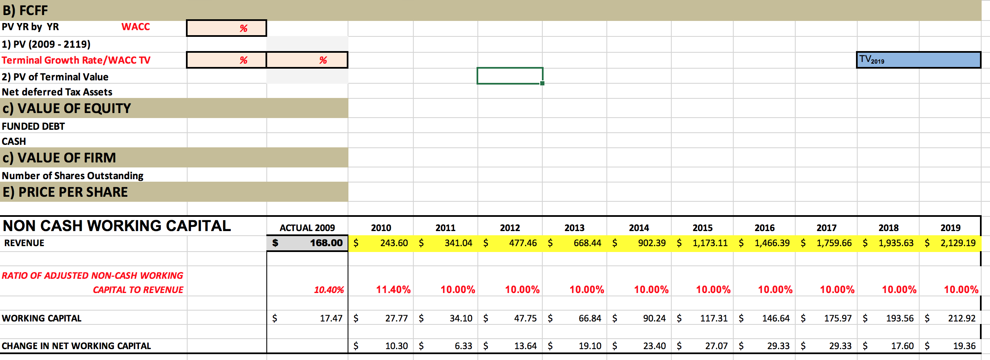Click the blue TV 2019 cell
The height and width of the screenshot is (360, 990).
click(x=918, y=60)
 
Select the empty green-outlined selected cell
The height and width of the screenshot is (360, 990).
click(x=510, y=76)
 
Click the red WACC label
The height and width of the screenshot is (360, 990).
click(x=136, y=27)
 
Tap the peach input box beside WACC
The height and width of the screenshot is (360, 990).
click(x=226, y=28)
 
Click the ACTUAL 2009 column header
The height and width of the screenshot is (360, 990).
click(x=307, y=228)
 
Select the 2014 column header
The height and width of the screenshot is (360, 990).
click(x=639, y=228)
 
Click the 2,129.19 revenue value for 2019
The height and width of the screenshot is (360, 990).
click(x=958, y=243)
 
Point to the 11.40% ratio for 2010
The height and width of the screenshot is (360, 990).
click(x=393, y=290)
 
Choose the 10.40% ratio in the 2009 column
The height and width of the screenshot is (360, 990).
click(x=329, y=290)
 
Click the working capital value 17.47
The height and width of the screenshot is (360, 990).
click(x=331, y=318)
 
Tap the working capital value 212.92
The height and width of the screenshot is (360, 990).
click(x=962, y=318)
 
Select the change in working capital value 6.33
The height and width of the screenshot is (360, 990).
click(x=463, y=346)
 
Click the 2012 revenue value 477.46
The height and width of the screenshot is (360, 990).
click(x=523, y=243)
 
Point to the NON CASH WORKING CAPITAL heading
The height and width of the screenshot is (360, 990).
click(x=117, y=226)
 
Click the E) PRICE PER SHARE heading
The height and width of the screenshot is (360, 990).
click(x=65, y=192)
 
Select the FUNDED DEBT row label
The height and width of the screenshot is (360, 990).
click(x=34, y=126)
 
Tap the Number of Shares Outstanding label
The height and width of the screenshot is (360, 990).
click(x=72, y=175)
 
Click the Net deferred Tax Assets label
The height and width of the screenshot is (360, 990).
click(x=57, y=92)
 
